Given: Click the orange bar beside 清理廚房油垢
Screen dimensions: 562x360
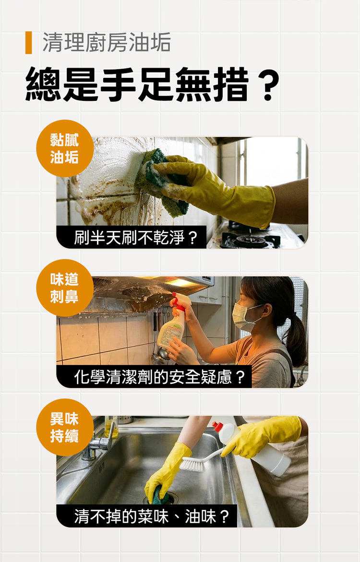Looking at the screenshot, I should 29,43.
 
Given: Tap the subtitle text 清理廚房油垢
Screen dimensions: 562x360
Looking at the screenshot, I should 107,43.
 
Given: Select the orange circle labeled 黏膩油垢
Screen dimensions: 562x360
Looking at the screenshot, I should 65,148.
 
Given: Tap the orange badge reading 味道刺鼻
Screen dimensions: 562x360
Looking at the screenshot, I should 65,288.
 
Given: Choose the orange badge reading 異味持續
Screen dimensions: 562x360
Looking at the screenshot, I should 65,427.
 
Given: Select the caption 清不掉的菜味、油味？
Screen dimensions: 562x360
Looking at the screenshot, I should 152,516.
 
